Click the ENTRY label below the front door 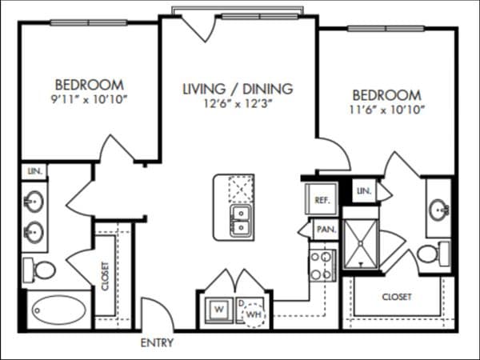click(157, 342)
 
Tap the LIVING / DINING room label click(238, 89)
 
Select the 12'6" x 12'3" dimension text click(238, 104)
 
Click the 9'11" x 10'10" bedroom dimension click(89, 99)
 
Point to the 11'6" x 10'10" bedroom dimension click(387, 110)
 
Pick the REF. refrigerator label click(322, 200)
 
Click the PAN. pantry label click(326, 229)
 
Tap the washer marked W click(219, 310)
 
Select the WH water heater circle click(254, 314)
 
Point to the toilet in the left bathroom click(39, 270)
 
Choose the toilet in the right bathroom click(434, 254)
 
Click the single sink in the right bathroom click(439, 210)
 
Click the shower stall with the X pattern click(361, 244)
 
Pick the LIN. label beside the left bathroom click(34, 171)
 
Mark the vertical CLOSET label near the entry click(105, 276)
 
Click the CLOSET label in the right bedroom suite click(397, 297)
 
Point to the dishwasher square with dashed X click(241, 189)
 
